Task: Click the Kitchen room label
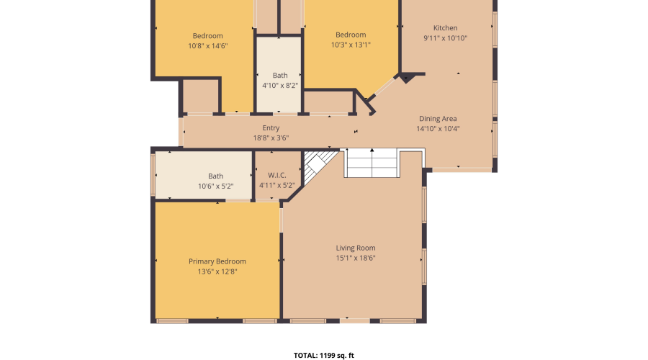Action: click(x=445, y=28)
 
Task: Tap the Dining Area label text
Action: click(x=438, y=119)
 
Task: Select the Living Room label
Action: click(x=356, y=248)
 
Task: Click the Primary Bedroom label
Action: click(x=217, y=261)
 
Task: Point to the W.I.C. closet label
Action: click(x=277, y=175)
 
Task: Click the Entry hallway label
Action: click(x=271, y=128)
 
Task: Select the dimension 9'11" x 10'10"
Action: click(x=445, y=38)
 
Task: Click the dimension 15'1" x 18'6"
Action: click(x=356, y=258)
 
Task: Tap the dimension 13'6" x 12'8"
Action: click(x=217, y=271)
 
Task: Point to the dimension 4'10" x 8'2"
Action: click(x=280, y=85)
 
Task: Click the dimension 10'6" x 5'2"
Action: click(x=216, y=186)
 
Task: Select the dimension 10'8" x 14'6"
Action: click(x=207, y=45)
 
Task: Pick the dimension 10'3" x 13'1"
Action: click(x=351, y=45)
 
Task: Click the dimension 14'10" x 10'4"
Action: click(x=438, y=129)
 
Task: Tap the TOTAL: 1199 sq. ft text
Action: click(x=324, y=355)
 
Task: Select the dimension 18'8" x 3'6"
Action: click(x=271, y=138)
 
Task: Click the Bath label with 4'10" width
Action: click(x=280, y=75)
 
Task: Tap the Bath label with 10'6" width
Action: click(x=216, y=176)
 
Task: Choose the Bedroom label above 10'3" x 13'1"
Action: click(x=351, y=35)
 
